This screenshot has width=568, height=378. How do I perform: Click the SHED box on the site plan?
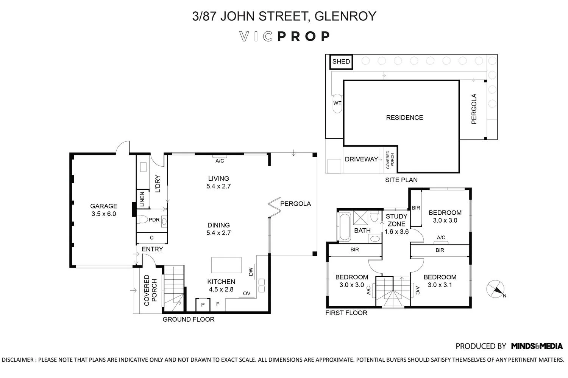pos(341,62)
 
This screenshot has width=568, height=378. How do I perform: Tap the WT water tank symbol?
pos(337,103)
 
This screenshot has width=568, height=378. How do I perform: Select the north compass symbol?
pos(495,289)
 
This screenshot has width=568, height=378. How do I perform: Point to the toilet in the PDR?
pos(142,219)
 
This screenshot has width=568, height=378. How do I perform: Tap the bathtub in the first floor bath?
pos(345,226)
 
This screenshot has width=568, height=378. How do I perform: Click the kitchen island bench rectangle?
pos(226,265)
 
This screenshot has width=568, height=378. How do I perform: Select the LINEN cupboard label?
pos(142,199)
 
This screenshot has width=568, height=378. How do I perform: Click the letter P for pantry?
pos(203,305)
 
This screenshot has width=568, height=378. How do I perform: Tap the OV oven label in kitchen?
pos(247,293)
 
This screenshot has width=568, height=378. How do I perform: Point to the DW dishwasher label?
pos(251,272)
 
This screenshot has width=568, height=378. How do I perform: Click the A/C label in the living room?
pos(220,161)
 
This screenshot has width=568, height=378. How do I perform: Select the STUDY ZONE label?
pos(396,220)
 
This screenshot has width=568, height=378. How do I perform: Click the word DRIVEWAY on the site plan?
pos(361,159)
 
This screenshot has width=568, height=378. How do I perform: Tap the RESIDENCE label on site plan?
pos(404,118)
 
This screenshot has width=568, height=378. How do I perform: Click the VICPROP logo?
pos(284,36)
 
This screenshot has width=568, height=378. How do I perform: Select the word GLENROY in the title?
pos(345,16)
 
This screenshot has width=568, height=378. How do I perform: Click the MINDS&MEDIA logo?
pos(537,346)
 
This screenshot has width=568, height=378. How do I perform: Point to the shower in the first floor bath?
pos(360,217)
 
